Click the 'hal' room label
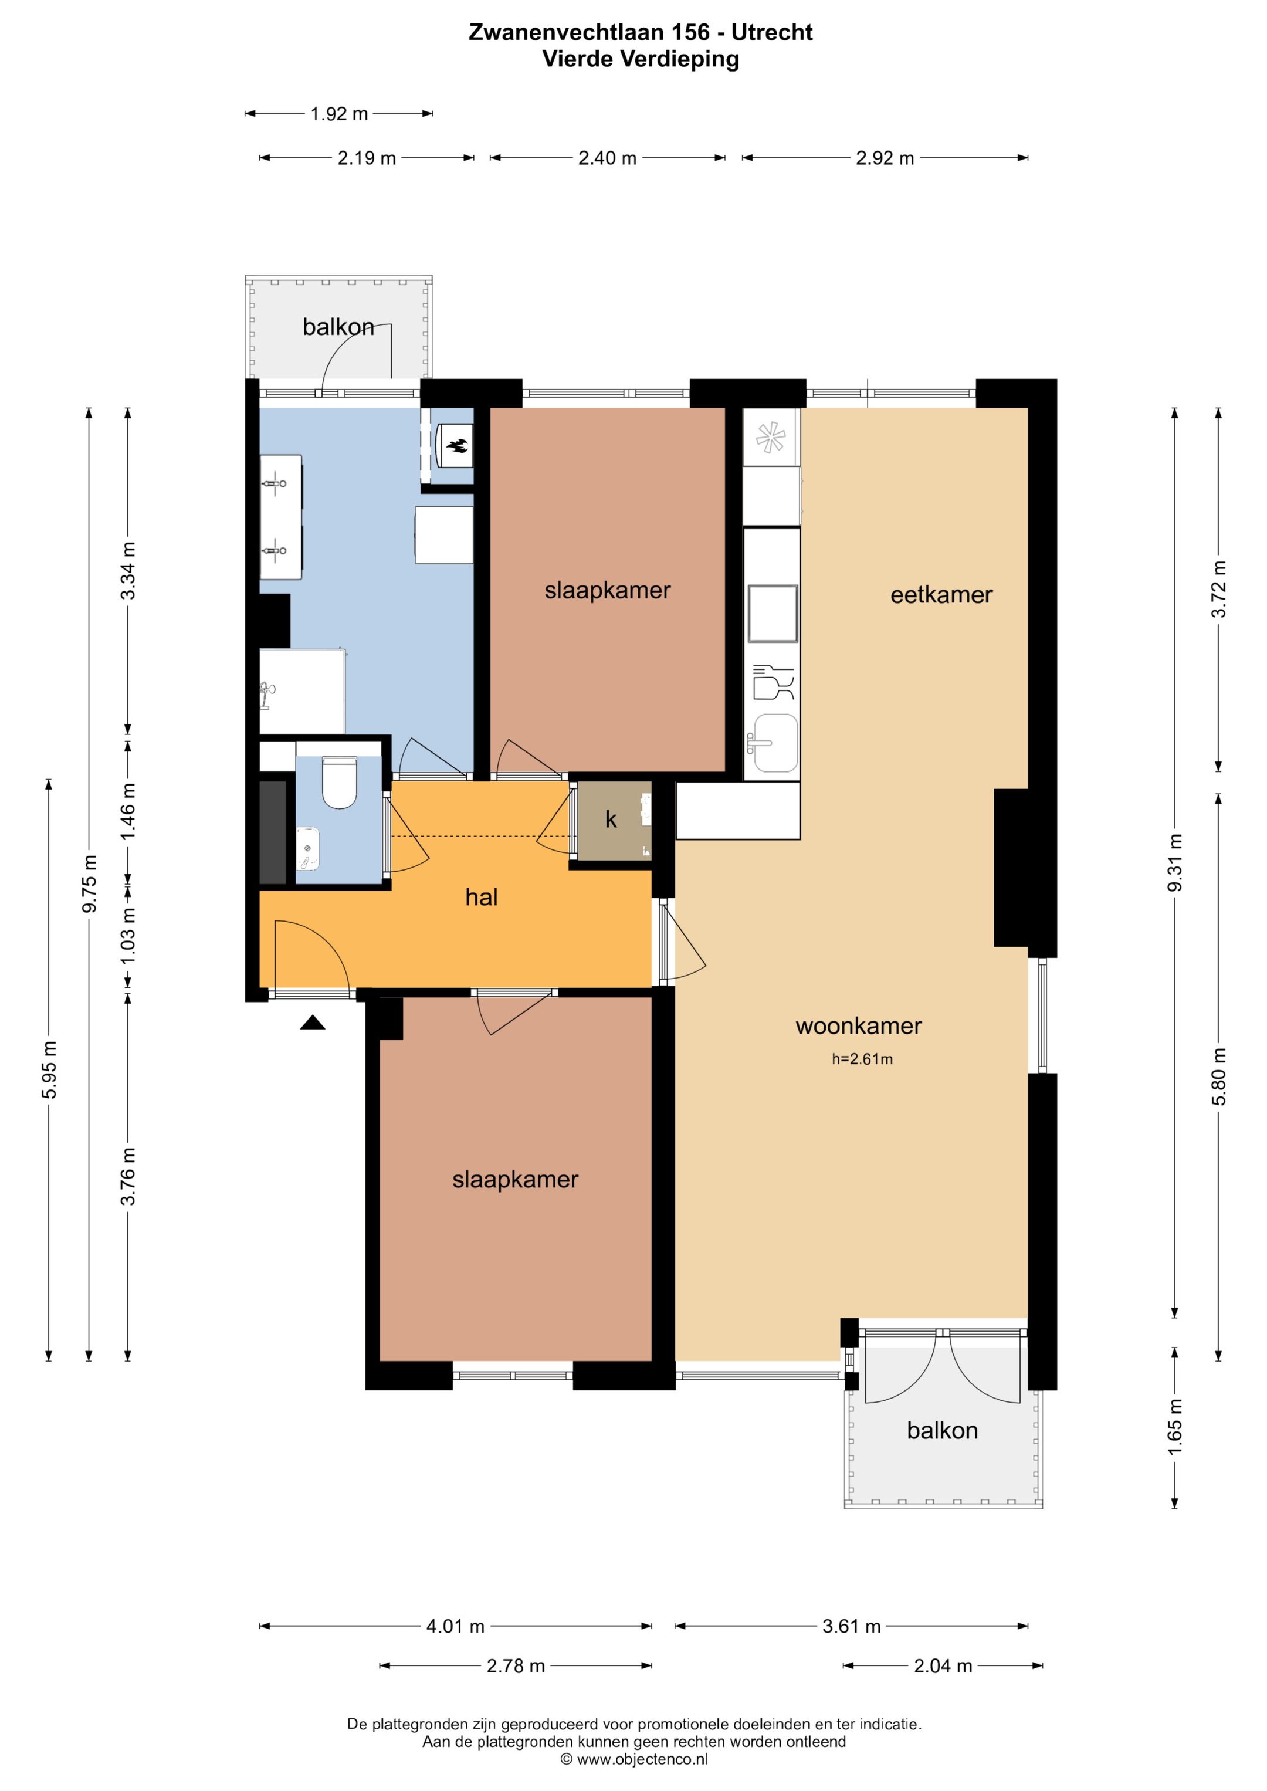(x=482, y=897)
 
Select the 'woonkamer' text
(x=858, y=1026)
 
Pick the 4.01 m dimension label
(x=456, y=1626)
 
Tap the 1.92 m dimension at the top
(x=340, y=114)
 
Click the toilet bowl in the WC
(x=340, y=781)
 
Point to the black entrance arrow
(x=313, y=1023)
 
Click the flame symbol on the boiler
(x=456, y=446)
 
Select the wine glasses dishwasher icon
(x=773, y=682)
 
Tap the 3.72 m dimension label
(x=1219, y=590)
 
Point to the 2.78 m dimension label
(x=516, y=1666)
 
